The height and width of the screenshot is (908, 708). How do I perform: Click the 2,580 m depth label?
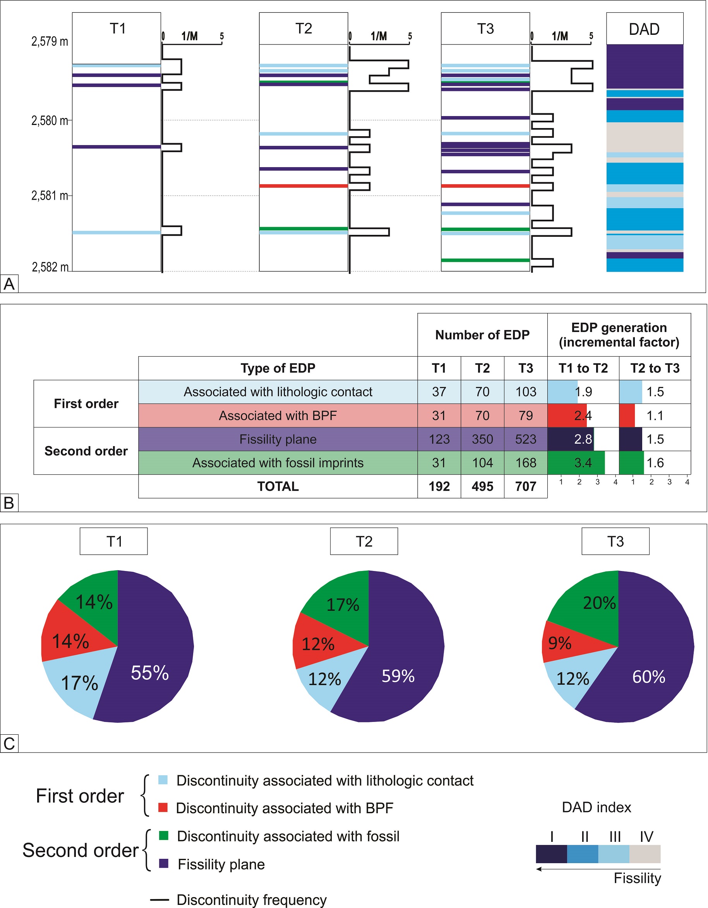tap(50, 121)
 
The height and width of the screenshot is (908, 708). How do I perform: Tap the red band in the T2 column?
tap(303, 186)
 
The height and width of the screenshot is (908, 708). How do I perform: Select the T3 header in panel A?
tap(485, 29)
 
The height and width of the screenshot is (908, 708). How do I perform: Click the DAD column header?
tap(644, 29)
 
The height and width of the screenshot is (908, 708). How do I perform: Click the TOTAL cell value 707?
tap(525, 486)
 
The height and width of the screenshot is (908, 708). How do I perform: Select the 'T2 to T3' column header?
tap(655, 368)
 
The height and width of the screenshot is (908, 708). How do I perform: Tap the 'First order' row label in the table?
tap(86, 403)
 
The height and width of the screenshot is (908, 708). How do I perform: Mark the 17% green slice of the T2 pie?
tap(342, 605)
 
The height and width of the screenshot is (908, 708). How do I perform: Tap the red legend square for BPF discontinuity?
tap(163, 807)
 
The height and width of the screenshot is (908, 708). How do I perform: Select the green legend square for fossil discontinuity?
tap(164, 836)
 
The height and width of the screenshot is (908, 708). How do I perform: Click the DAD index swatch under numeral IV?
tap(645, 854)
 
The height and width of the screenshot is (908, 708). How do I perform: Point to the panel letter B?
tap(9, 503)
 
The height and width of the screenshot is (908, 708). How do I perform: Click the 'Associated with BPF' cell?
tap(278, 416)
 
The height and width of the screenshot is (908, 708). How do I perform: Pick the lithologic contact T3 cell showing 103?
tap(525, 392)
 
